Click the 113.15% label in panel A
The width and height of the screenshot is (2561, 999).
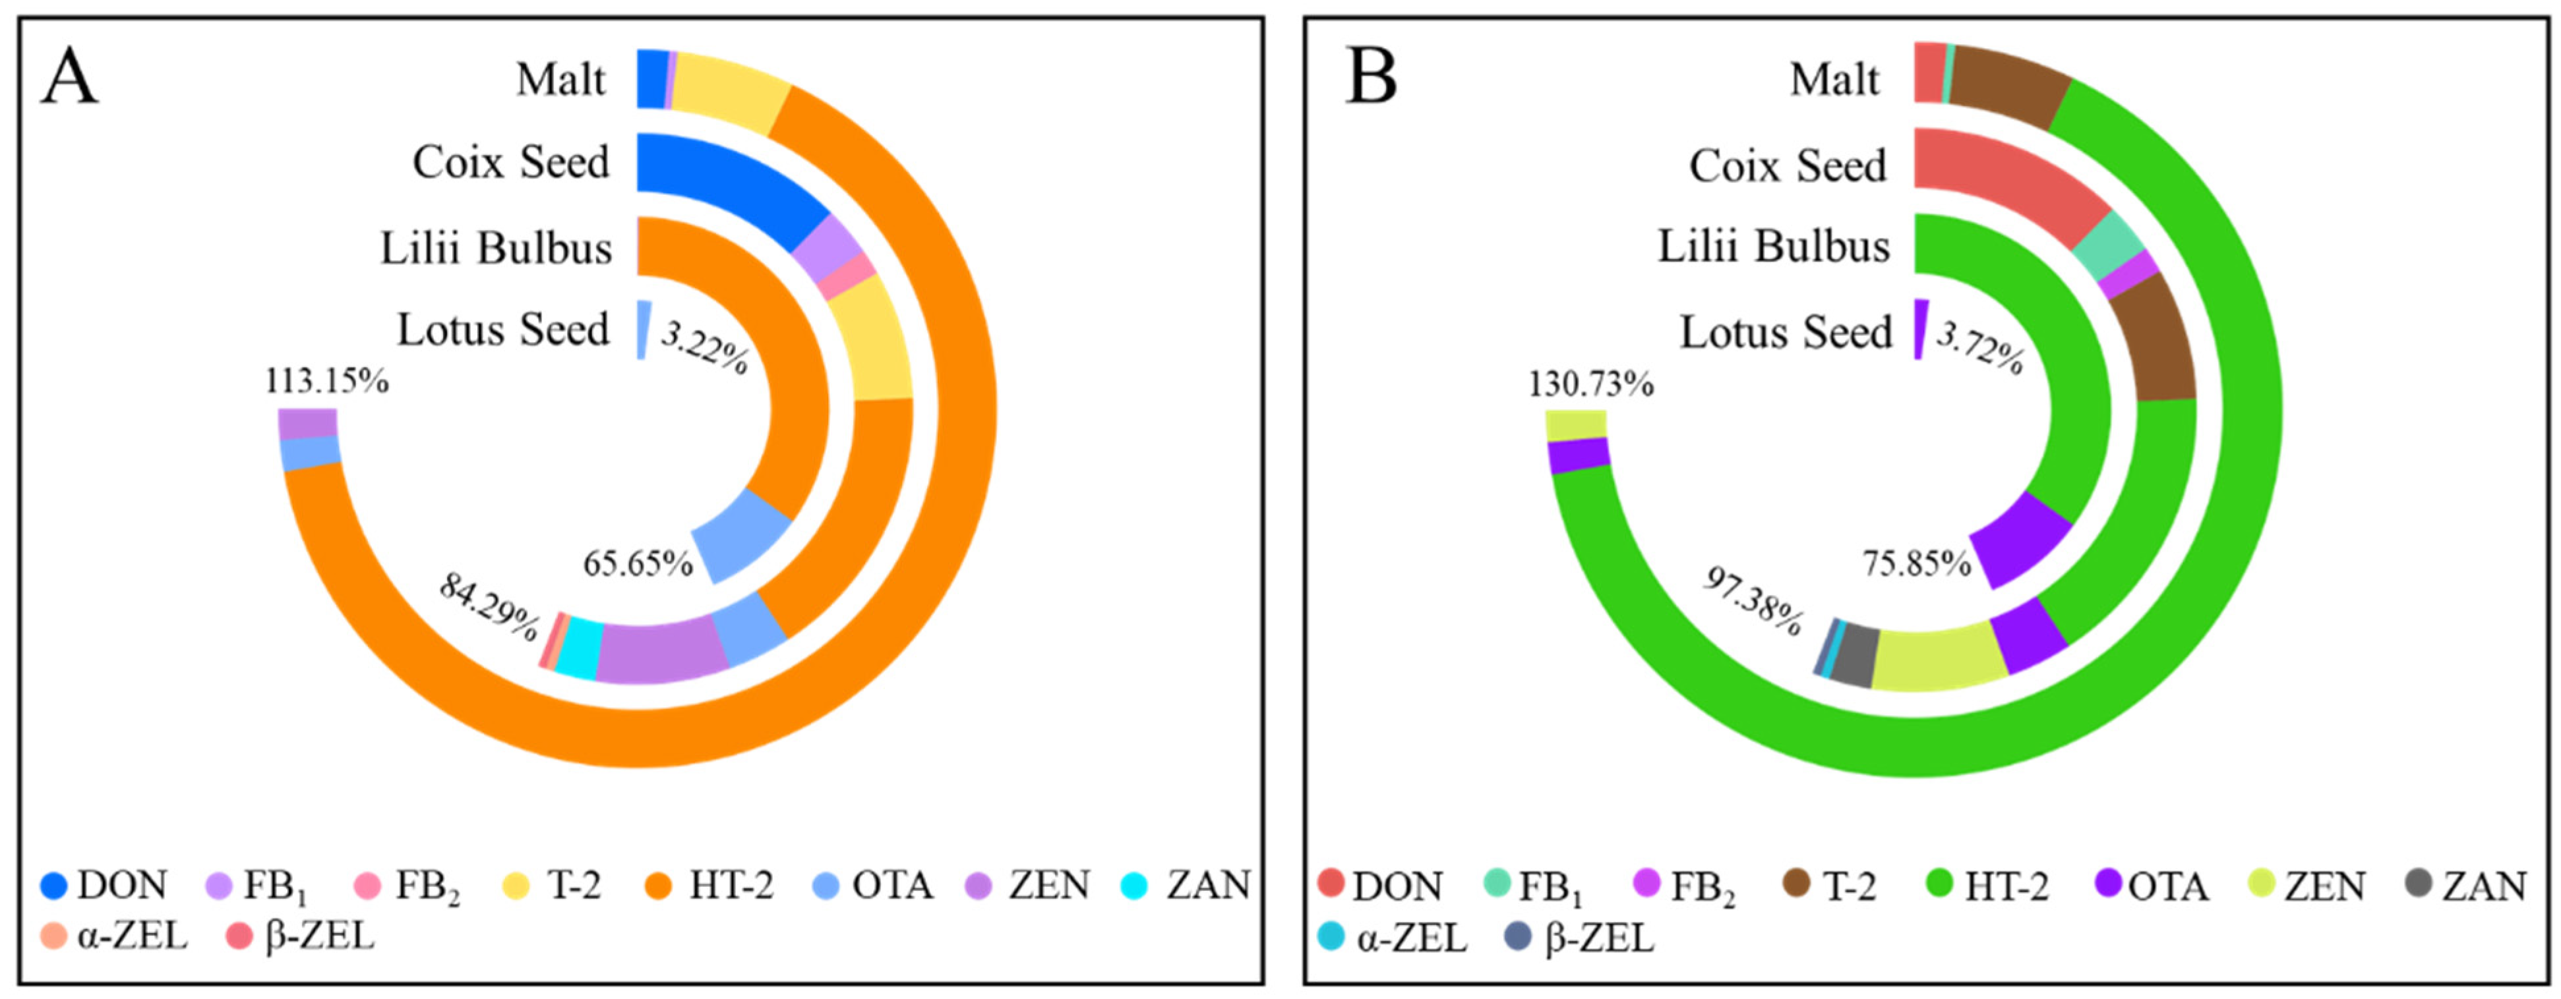pyautogui.click(x=326, y=381)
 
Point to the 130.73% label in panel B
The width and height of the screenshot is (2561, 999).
pyautogui.click(x=1590, y=384)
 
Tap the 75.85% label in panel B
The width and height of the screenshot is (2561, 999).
pyautogui.click(x=1915, y=563)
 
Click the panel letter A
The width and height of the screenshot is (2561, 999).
pyautogui.click(x=70, y=78)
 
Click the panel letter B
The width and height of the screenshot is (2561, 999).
pyautogui.click(x=1372, y=78)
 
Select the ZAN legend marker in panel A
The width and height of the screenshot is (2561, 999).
pyautogui.click(x=1133, y=885)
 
